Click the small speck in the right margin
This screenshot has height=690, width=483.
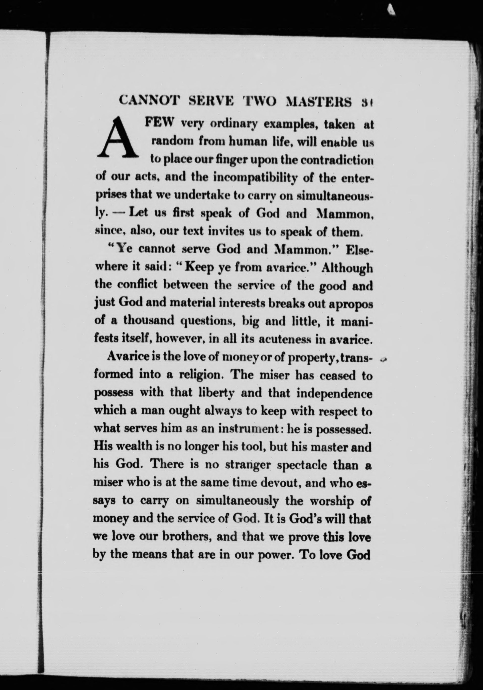pos(383,359)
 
